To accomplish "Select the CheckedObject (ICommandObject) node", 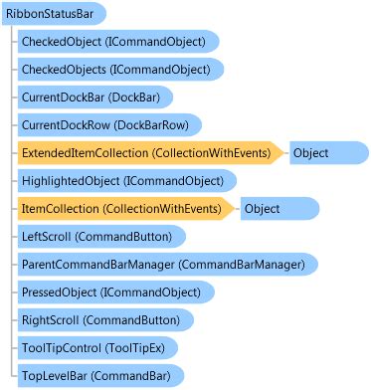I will (x=112, y=42).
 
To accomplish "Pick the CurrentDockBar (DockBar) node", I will (x=91, y=97).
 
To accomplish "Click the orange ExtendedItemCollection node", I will (x=149, y=153).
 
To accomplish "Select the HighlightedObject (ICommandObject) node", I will (x=120, y=181).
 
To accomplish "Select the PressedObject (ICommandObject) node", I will (x=108, y=292).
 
